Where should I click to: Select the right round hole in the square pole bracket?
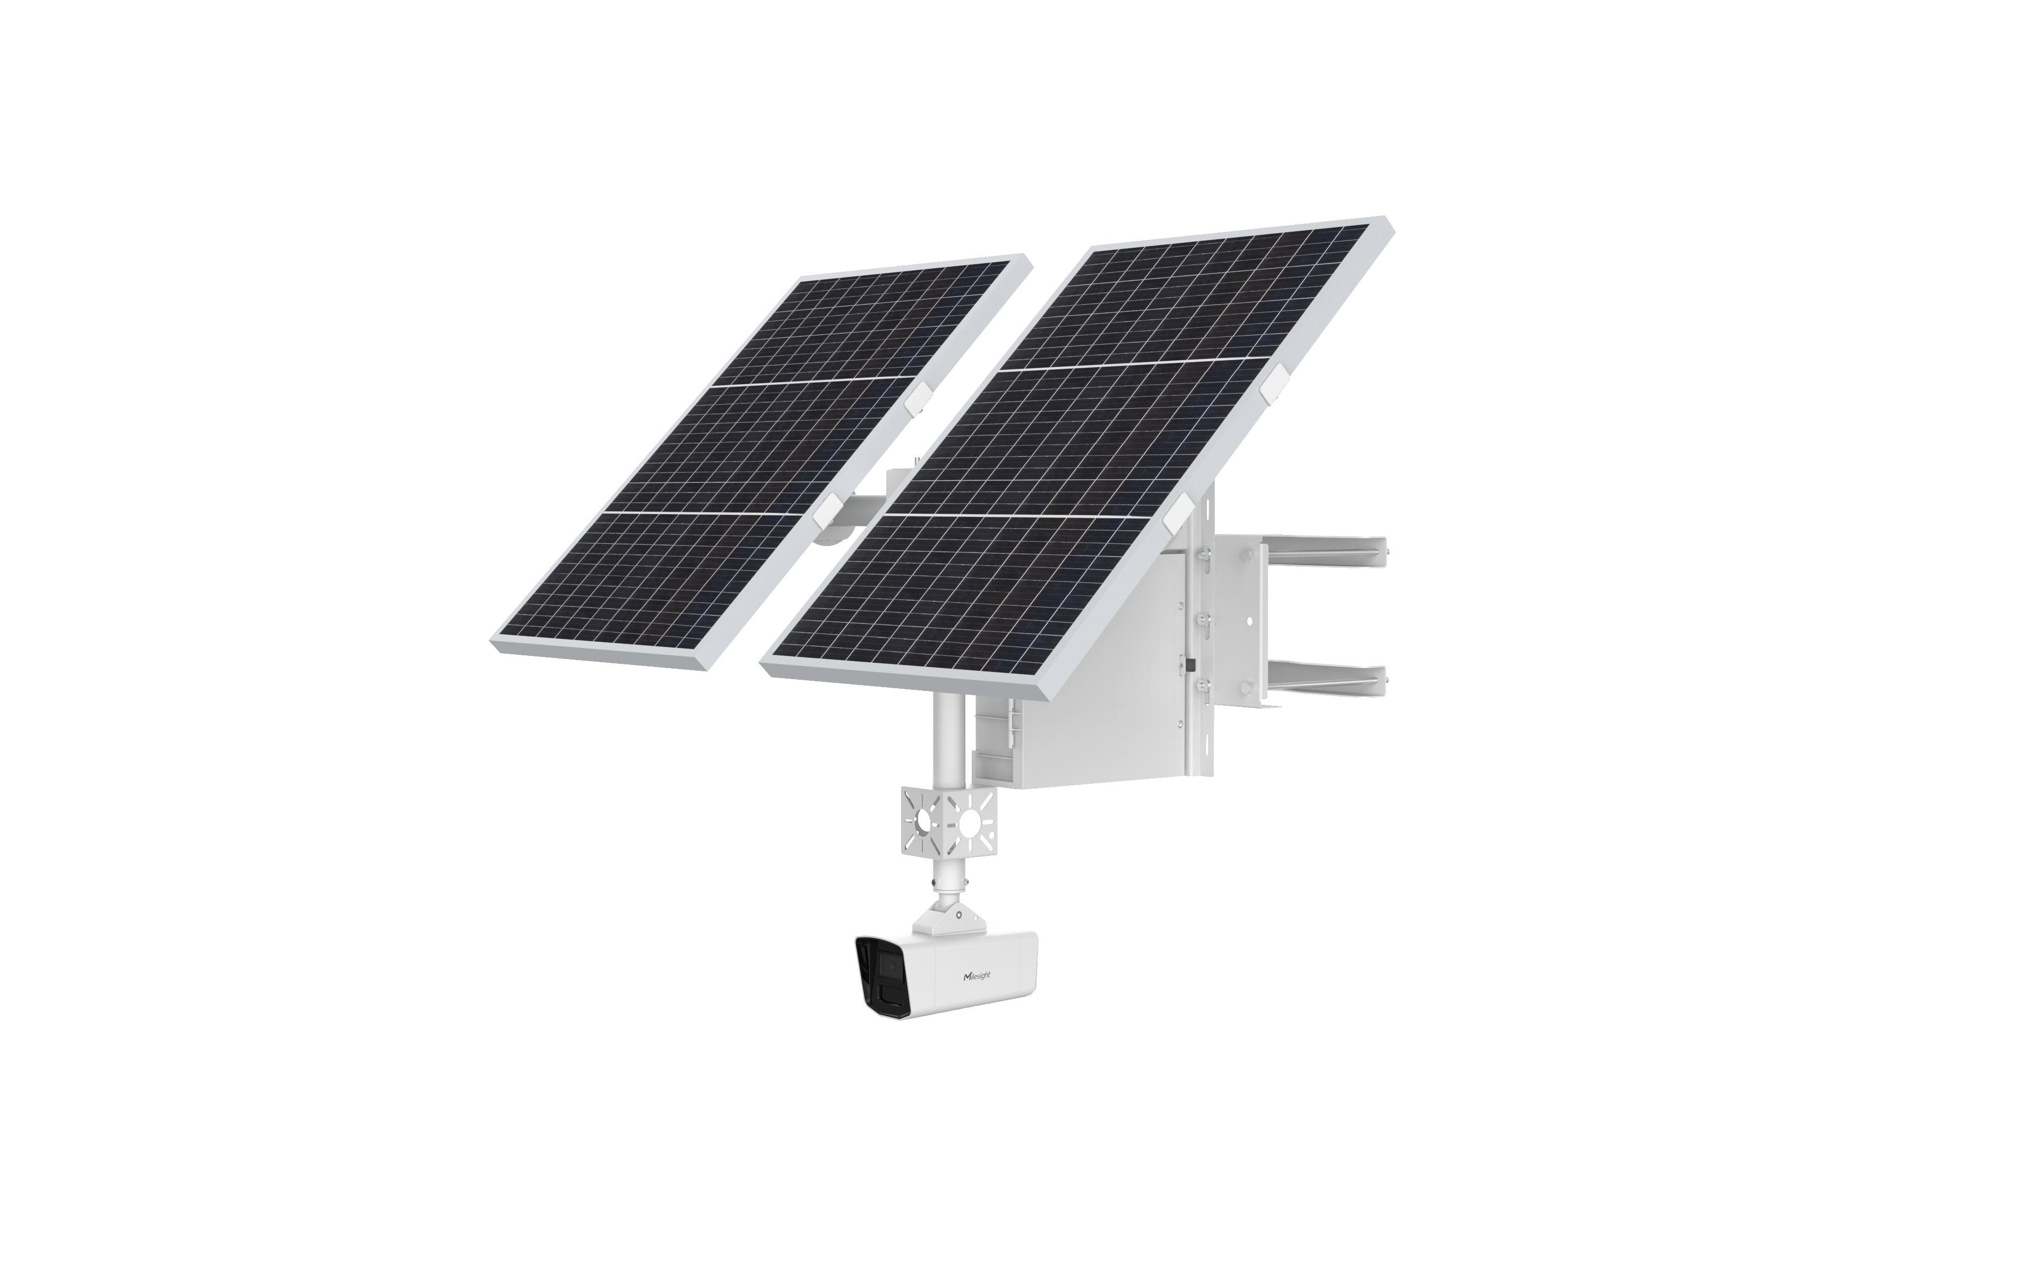pos(974,819)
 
